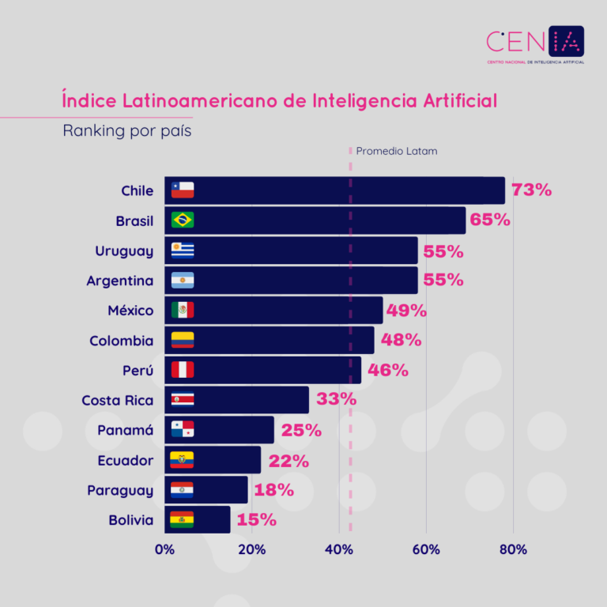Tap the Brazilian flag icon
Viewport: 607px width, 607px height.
pyautogui.click(x=183, y=221)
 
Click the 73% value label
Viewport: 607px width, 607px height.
pyautogui.click(x=531, y=190)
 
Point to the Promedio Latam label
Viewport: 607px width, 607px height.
pyautogui.click(x=396, y=151)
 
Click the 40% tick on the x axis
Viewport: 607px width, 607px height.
pyautogui.click(x=339, y=550)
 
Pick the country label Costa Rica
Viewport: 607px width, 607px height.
pyautogui.click(x=118, y=401)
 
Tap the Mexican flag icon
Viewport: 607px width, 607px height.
pyautogui.click(x=183, y=311)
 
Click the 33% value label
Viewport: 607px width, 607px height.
pyautogui.click(x=336, y=400)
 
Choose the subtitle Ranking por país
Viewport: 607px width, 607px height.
pyautogui.click(x=127, y=131)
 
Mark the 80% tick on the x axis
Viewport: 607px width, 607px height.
pyautogui.click(x=513, y=550)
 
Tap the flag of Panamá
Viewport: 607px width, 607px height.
pyautogui.click(x=183, y=430)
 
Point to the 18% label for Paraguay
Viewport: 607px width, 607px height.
pyautogui.click(x=273, y=490)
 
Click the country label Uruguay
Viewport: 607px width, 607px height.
pyautogui.click(x=124, y=251)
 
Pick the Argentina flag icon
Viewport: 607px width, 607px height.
pyautogui.click(x=183, y=281)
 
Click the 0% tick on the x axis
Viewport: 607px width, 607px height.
pyautogui.click(x=164, y=550)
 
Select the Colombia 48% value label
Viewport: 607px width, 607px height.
pyautogui.click(x=401, y=341)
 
